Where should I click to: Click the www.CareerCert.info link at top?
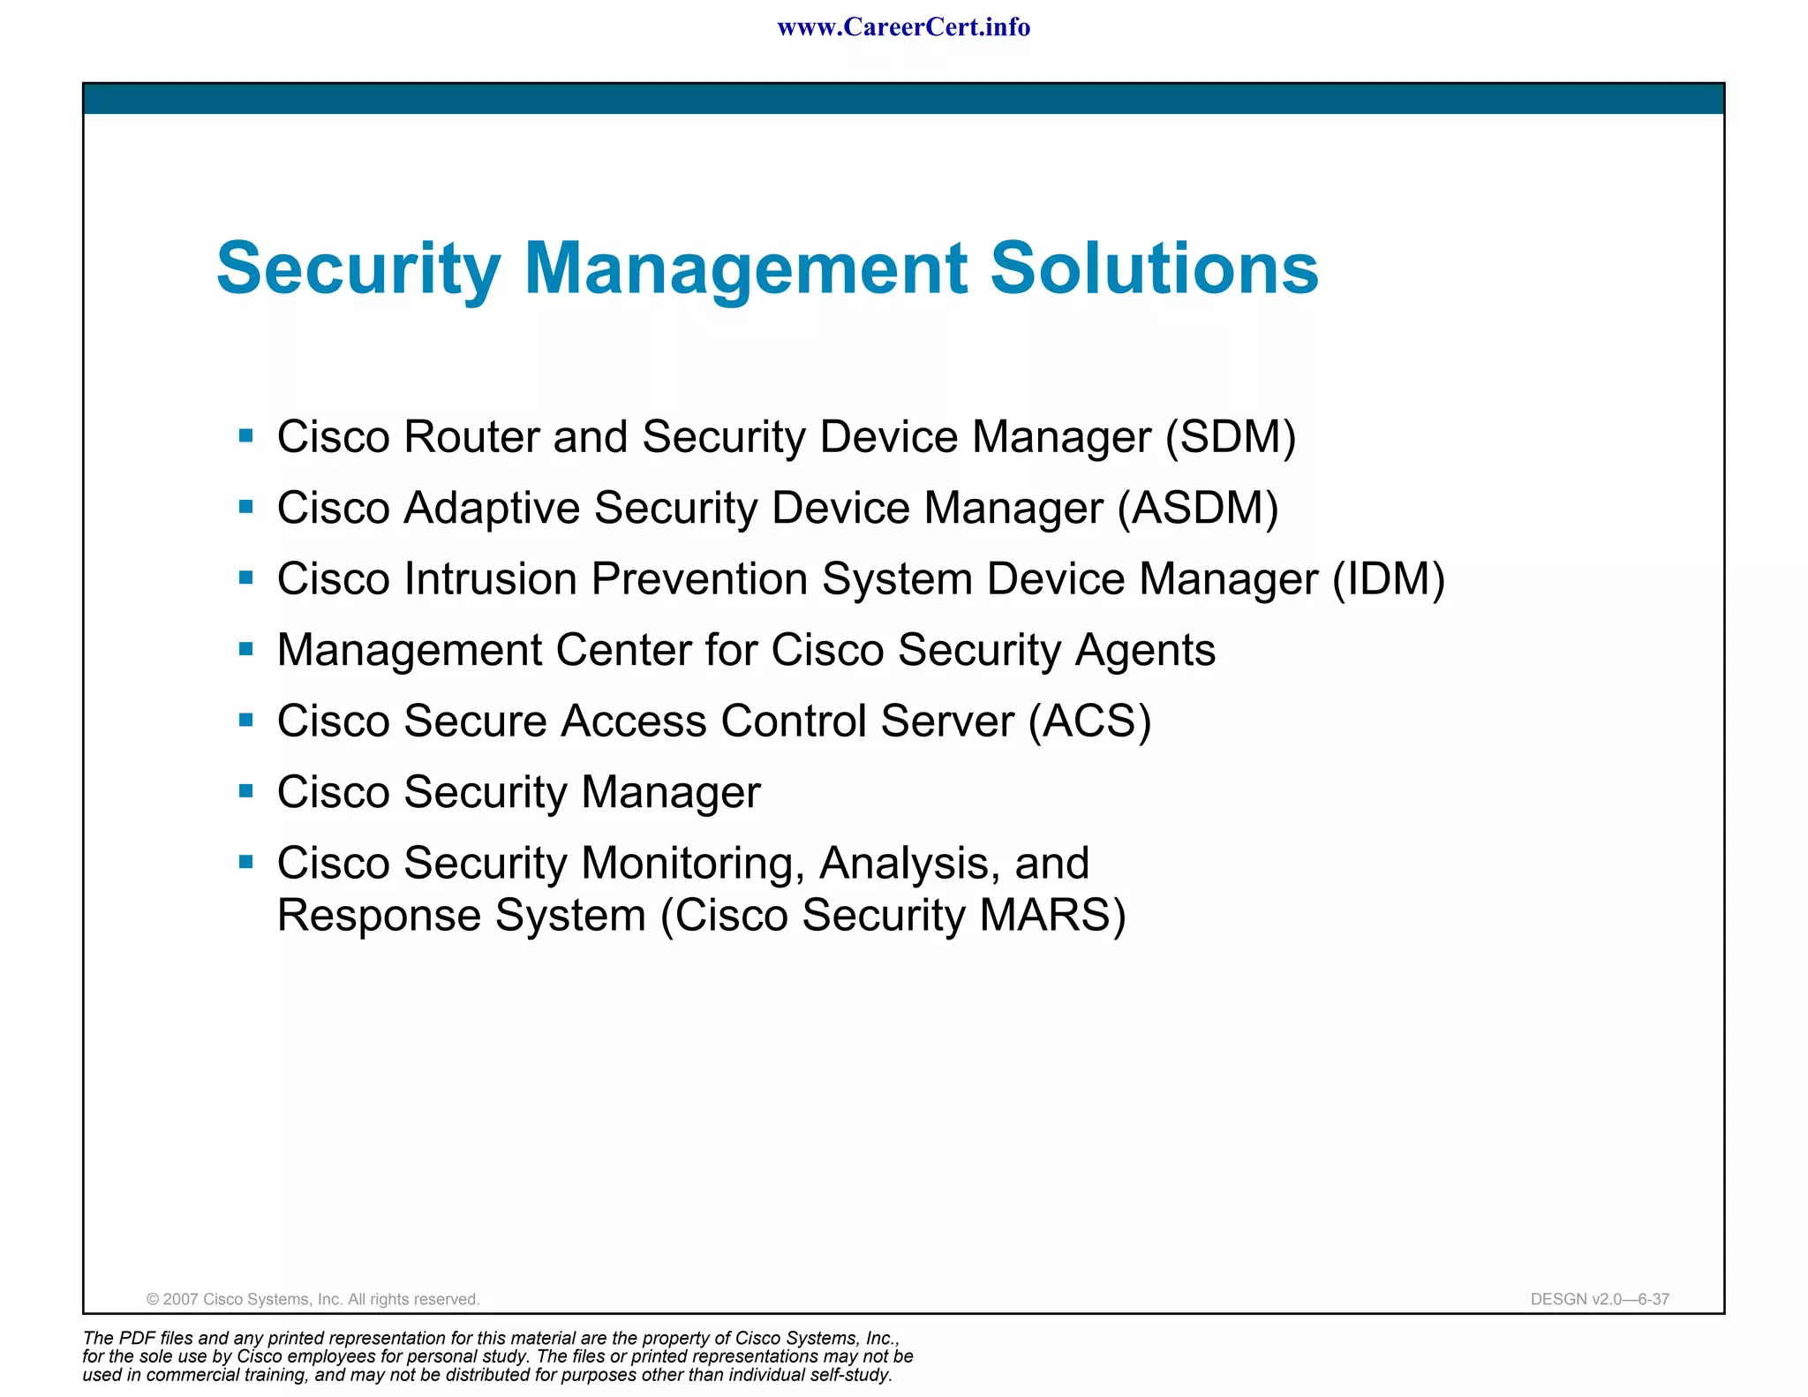[903, 27]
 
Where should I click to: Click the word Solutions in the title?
[1154, 268]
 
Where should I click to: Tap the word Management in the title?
[745, 270]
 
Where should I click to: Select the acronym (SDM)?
[1231, 437]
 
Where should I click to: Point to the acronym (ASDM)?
[1198, 509]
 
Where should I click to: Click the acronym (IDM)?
[1389, 580]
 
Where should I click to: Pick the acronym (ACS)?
[1089, 721]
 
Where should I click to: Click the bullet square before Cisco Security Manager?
[246, 791]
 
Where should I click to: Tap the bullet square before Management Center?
[246, 649]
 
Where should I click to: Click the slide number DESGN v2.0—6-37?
[1600, 1299]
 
